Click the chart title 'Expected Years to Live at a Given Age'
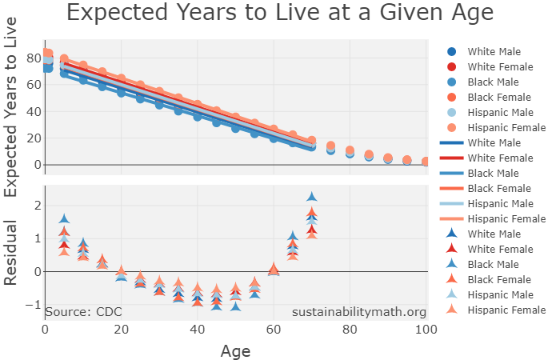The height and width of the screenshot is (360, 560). [x=279, y=14]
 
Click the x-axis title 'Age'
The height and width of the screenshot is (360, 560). [x=235, y=350]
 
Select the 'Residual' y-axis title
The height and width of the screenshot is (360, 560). [x=12, y=254]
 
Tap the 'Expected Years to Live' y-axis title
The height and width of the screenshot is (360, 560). [x=12, y=107]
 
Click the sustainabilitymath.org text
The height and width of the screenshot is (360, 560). [x=358, y=311]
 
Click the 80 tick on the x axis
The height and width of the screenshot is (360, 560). [x=350, y=330]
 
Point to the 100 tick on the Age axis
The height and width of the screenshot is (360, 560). [x=426, y=330]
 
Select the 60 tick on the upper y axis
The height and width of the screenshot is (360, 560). [x=33, y=85]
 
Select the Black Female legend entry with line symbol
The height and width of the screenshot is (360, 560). [x=492, y=189]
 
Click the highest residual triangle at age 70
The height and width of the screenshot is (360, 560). [x=312, y=197]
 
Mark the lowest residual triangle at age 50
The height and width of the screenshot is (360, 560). [x=235, y=306]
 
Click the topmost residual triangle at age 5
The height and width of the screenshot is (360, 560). [x=65, y=219]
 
